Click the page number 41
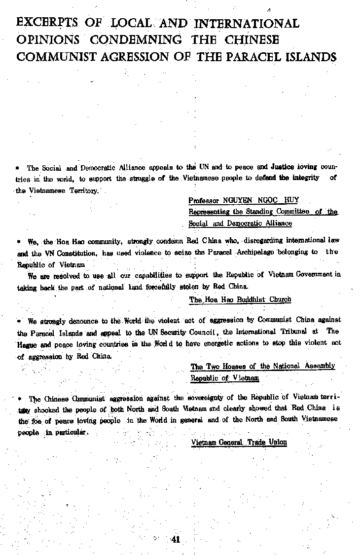(175, 539)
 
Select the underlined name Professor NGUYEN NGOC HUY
(243, 200)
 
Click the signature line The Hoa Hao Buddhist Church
(240, 299)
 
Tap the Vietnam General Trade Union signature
(239, 442)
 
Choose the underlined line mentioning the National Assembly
(263, 366)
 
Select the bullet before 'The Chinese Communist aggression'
(19, 398)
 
